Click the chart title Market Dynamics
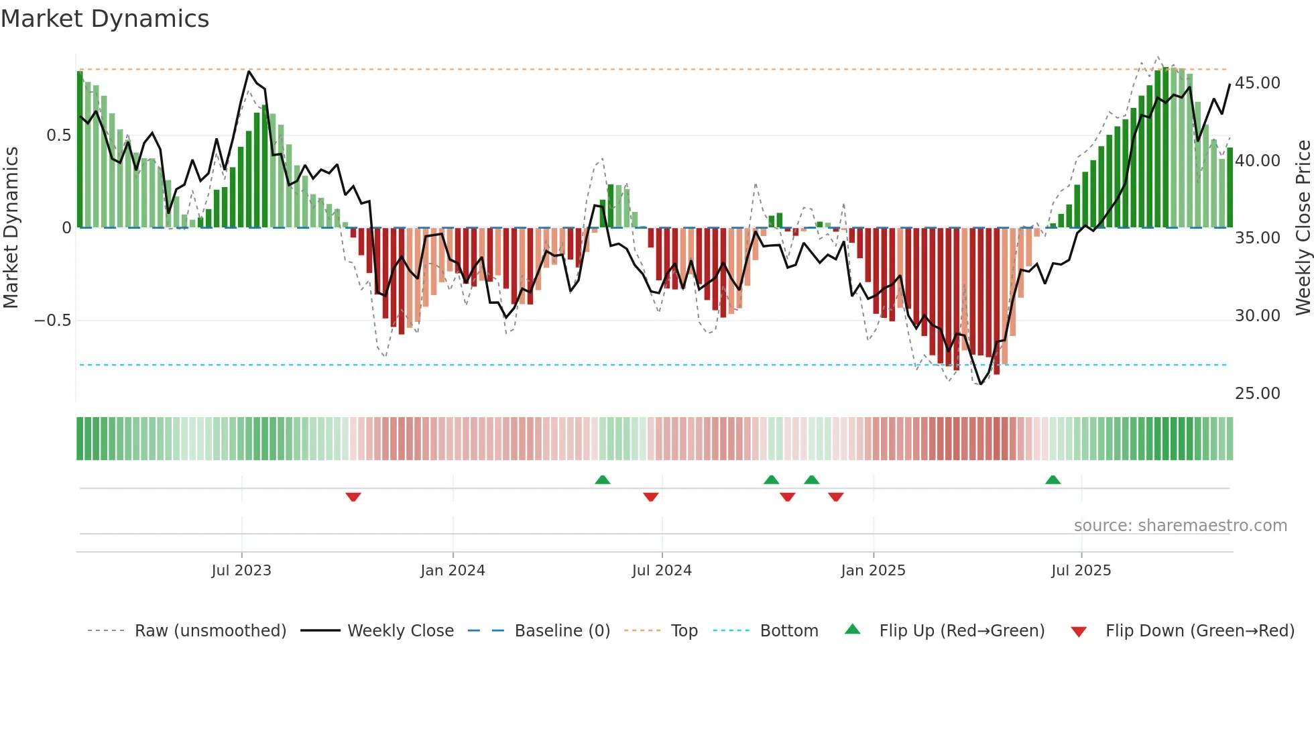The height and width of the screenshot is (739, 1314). pyautogui.click(x=105, y=19)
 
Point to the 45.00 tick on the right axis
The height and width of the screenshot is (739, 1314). pyautogui.click(x=1257, y=83)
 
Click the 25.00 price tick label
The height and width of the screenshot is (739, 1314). pyautogui.click(x=1257, y=394)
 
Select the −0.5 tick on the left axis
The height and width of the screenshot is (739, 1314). pyautogui.click(x=52, y=321)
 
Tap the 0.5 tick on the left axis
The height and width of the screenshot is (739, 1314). pyautogui.click(x=58, y=135)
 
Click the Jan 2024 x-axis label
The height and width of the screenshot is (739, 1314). pyautogui.click(x=453, y=571)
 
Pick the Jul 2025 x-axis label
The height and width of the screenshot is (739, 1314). pyautogui.click(x=1081, y=571)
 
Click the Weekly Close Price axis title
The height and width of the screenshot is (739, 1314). pyautogui.click(x=1303, y=227)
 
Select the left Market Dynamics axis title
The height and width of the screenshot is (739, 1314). pyautogui.click(x=11, y=227)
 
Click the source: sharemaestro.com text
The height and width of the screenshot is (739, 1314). pyautogui.click(x=1180, y=526)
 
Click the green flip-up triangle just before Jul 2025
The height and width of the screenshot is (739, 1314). pyautogui.click(x=1053, y=480)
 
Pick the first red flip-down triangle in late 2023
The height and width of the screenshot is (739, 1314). pyautogui.click(x=353, y=497)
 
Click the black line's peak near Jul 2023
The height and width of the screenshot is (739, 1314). pyautogui.click(x=249, y=71)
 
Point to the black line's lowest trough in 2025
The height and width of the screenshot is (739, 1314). pyautogui.click(x=980, y=384)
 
